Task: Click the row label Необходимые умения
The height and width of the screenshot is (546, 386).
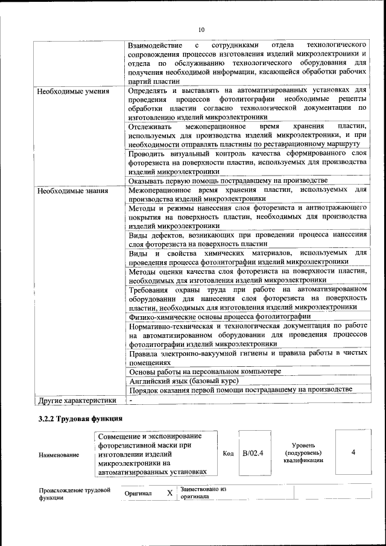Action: (73, 92)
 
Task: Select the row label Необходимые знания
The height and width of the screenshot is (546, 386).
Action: (72, 192)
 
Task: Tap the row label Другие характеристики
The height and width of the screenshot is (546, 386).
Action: (77, 400)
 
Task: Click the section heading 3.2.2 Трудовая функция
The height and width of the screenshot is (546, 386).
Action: (81, 418)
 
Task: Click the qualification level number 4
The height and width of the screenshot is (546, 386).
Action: (353, 452)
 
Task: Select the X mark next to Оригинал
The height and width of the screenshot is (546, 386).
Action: (170, 493)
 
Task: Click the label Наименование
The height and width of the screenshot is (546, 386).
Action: (59, 455)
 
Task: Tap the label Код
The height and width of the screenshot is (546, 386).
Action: (228, 453)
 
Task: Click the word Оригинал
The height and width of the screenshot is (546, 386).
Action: (138, 494)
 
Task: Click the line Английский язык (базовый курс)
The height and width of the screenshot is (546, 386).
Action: (184, 381)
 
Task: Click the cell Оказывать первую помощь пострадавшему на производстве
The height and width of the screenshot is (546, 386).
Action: (228, 180)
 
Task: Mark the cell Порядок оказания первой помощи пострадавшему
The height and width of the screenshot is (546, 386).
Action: (240, 390)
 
